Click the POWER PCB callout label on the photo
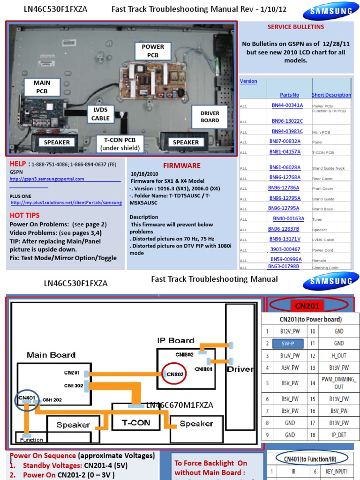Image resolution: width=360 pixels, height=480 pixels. coord(153,51)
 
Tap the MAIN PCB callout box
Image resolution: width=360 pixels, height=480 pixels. coord(42,87)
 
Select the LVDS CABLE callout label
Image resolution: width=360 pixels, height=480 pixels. coord(100,114)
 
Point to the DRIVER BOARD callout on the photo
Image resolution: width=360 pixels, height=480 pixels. coord(210,117)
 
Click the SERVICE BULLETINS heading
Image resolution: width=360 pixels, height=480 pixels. coord(295,27)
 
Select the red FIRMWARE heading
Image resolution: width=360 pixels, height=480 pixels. coord(181,165)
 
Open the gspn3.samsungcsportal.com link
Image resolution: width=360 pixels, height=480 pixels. coord(47,179)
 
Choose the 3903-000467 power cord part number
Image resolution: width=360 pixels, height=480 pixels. coord(285,249)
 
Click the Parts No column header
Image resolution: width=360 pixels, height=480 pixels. coord(289,95)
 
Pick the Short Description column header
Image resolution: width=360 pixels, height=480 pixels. coord(331,95)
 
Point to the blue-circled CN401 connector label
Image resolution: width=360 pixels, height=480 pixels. coord(26,397)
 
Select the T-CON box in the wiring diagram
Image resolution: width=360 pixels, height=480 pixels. coord(136,422)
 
